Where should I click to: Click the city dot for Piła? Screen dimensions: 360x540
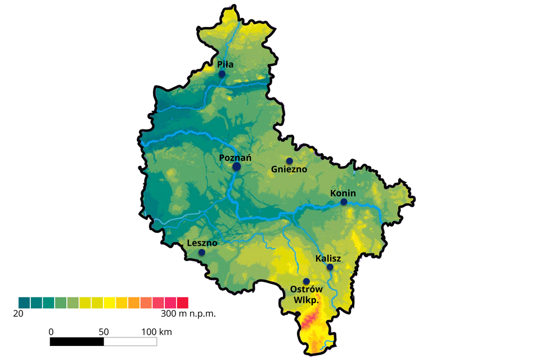tap(222, 74)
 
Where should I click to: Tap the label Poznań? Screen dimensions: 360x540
tap(235, 158)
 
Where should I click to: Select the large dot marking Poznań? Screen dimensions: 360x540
tap(237, 166)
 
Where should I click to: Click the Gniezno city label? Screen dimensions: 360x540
tap(289, 169)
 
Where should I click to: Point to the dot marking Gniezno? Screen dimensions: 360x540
tap(290, 161)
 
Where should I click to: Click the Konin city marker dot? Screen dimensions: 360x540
tap(344, 201)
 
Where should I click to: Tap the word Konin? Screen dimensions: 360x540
tap(343, 193)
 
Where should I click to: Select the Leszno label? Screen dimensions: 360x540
tap(201, 244)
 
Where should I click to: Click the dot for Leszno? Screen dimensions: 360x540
tap(202, 253)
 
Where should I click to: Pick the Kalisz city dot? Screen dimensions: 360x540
tap(330, 267)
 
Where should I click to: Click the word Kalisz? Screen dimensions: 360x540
tap(328, 258)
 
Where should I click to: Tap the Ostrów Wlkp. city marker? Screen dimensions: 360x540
tap(307, 281)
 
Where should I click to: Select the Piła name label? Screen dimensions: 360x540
tap(226, 65)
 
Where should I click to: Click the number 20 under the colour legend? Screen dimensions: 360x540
tap(18, 313)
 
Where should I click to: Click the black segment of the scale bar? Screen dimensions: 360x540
tap(77, 342)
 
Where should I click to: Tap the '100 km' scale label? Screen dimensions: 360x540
tap(156, 332)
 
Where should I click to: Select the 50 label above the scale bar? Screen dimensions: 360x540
tap(103, 332)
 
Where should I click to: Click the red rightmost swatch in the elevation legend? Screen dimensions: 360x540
tap(182, 303)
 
